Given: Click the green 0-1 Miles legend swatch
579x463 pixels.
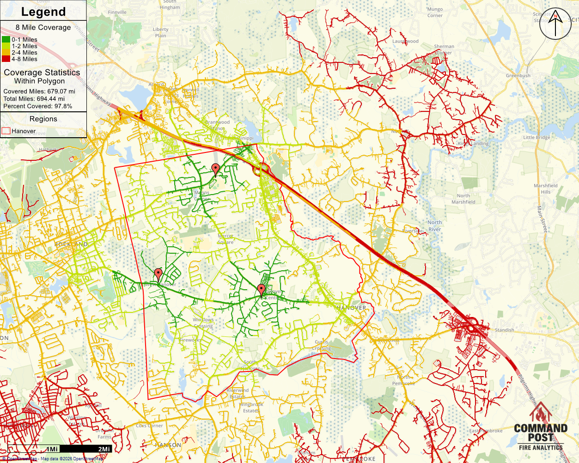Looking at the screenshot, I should (x=6, y=40).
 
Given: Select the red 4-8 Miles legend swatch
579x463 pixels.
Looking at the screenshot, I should (x=6, y=59).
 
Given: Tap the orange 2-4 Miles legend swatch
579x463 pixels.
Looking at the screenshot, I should (x=6, y=52).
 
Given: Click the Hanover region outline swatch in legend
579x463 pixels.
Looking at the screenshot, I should (x=6, y=131).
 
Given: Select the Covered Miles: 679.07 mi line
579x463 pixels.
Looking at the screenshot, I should (x=39, y=91).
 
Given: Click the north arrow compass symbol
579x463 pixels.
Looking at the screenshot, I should (x=555, y=24).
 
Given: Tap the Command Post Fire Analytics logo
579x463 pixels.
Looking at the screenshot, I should (x=541, y=427).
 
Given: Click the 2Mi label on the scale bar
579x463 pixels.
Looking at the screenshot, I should (x=104, y=449).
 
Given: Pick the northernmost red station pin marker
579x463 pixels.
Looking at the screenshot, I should (x=215, y=169).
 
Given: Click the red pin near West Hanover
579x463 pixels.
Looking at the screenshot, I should (x=158, y=274).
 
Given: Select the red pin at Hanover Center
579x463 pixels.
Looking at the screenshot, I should (x=261, y=290).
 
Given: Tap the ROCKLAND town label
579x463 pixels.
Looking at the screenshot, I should (x=71, y=244).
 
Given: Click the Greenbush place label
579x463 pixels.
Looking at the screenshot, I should (x=518, y=76).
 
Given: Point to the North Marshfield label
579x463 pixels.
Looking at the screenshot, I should (x=463, y=199).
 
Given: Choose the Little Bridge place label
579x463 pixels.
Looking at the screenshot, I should (x=536, y=138).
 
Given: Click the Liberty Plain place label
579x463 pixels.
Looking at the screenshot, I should (x=160, y=32).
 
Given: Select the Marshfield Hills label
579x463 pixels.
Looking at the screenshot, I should (x=545, y=189).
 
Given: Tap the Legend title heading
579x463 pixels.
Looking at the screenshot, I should (x=43, y=12).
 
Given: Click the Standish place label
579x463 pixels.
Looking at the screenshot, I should (x=504, y=330).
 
